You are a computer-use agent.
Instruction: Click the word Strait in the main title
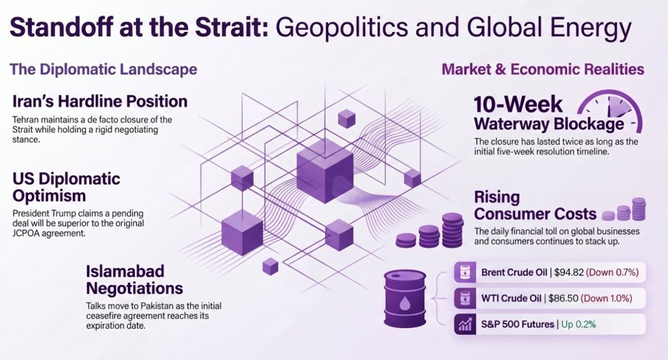[x=232, y=27]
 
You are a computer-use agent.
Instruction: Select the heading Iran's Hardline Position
[x=99, y=102]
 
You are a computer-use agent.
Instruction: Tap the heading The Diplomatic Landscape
[x=103, y=69]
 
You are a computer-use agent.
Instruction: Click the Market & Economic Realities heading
[x=543, y=69]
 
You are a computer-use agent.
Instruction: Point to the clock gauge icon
[x=610, y=111]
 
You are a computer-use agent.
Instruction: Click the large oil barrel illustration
[x=405, y=298]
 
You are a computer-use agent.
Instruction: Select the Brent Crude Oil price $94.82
[x=569, y=272]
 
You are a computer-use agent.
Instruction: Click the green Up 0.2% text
[x=578, y=324]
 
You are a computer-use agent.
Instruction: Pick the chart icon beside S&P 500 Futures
[x=465, y=324]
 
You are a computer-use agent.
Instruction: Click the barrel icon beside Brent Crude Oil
[x=465, y=272]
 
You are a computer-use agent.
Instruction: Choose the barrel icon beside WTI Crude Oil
[x=465, y=298]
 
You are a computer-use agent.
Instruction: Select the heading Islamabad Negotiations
[x=134, y=280]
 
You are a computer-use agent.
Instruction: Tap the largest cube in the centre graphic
[x=324, y=171]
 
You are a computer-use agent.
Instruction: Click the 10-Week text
[x=518, y=104]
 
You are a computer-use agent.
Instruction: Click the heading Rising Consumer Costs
[x=535, y=206]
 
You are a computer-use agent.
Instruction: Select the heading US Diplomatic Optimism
[x=67, y=187]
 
